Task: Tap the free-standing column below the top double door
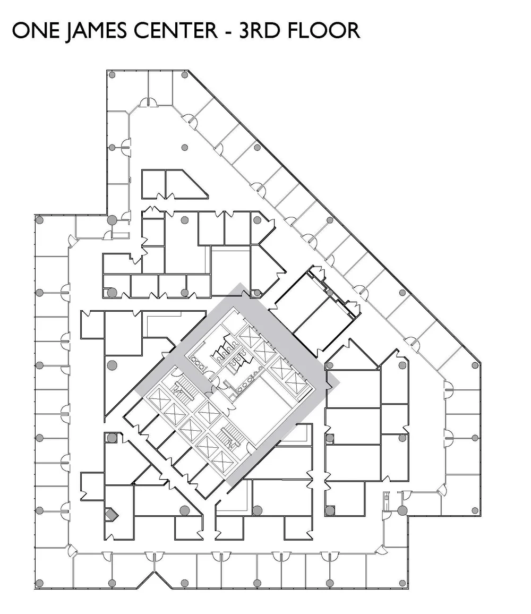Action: [x=185, y=147]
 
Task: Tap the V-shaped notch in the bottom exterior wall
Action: [x=154, y=576]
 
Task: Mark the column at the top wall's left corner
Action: [x=112, y=75]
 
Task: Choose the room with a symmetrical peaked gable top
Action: [x=353, y=355]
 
